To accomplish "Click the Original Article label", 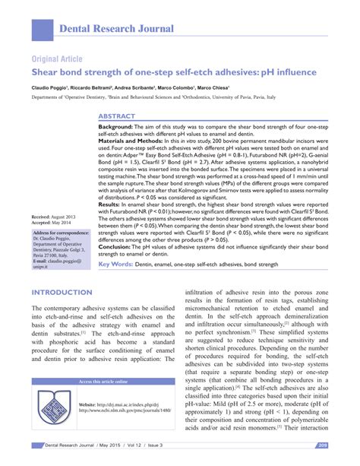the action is (57, 59).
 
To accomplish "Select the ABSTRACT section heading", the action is (118, 116).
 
